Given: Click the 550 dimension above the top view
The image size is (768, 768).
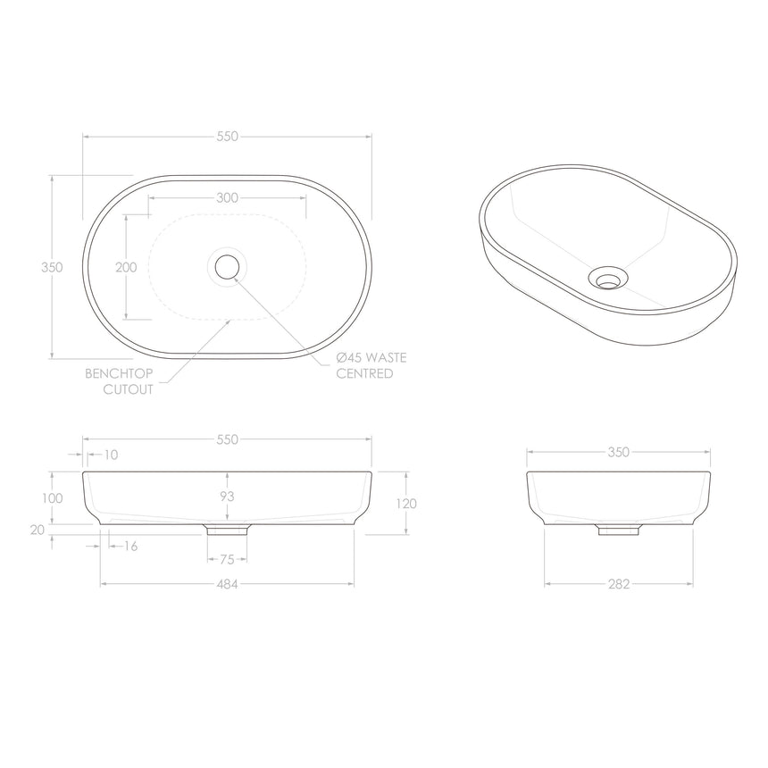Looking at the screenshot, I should click(228, 137).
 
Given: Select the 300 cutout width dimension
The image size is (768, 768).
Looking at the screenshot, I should click(228, 198).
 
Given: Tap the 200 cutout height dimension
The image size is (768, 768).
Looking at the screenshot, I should click(126, 267).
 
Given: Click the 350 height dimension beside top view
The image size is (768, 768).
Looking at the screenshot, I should click(53, 267).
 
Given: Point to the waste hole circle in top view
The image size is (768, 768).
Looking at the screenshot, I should click(228, 266).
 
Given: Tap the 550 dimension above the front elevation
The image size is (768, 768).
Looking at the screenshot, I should click(228, 439).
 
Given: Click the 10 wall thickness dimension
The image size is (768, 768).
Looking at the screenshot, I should click(110, 455).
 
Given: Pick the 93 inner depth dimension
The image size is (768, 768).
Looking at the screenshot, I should click(228, 496).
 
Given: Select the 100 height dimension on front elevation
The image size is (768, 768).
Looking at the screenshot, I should click(53, 497).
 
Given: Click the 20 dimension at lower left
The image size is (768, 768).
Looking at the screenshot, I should click(38, 530).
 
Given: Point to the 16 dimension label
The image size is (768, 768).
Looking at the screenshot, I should click(130, 546).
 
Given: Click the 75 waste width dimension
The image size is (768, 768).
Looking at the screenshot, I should click(228, 560).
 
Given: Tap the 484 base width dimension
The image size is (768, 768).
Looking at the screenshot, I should click(228, 584).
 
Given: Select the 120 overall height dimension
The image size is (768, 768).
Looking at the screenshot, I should click(405, 504).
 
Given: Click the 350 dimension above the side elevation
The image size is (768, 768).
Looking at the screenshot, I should click(619, 452).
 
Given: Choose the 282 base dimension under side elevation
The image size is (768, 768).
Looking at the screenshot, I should click(619, 584).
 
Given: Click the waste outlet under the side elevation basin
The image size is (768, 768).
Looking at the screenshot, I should click(619, 530).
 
